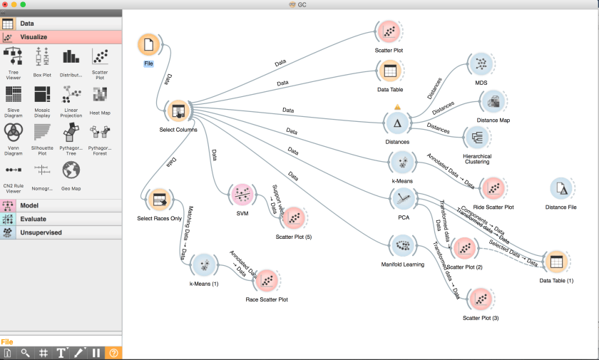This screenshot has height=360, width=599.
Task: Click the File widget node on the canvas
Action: click(x=148, y=45)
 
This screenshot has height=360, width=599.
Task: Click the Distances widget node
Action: click(x=397, y=123)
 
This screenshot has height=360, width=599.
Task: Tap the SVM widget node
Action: click(x=242, y=195)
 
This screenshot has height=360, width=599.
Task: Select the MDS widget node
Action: click(x=481, y=64)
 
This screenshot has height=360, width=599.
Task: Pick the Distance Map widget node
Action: click(x=492, y=102)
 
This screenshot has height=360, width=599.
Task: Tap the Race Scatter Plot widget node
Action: click(x=267, y=281)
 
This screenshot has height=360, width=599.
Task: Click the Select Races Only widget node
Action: click(x=158, y=200)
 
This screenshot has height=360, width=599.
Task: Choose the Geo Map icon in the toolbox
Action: click(x=71, y=171)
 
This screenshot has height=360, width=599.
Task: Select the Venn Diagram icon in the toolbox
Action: click(x=14, y=133)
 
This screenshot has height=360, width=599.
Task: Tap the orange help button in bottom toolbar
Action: click(x=113, y=352)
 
